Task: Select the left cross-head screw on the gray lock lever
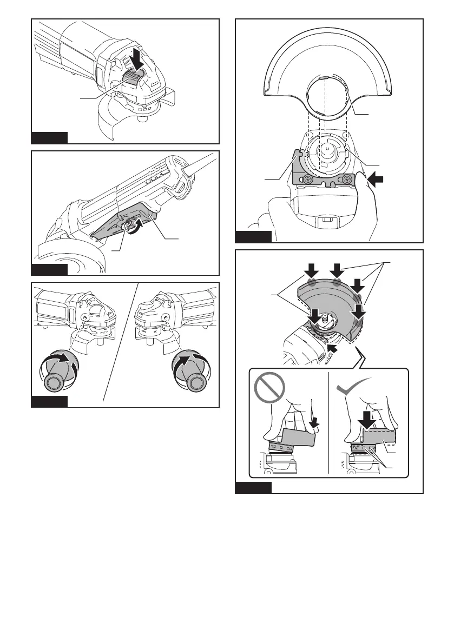(307, 179)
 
